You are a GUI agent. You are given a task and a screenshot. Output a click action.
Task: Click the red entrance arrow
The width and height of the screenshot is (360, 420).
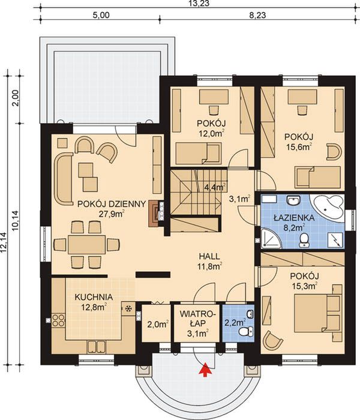pos(205,370)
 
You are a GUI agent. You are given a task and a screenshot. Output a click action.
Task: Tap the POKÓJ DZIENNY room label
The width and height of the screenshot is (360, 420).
pos(112,204)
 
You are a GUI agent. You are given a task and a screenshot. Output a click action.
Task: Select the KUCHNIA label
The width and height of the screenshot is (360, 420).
pos(94,297)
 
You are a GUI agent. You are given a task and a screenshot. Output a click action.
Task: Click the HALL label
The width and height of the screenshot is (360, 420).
pos(209,256)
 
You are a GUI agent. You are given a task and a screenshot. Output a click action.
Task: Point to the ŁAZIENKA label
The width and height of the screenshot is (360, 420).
pos(294,217)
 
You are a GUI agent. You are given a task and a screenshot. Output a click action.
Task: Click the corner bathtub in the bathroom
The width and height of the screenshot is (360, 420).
pos(328,208)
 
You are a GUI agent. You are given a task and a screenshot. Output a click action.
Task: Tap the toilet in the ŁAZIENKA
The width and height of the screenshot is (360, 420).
pos(304,240)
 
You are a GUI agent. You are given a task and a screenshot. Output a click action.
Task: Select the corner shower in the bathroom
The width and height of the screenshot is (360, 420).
pos(271,238)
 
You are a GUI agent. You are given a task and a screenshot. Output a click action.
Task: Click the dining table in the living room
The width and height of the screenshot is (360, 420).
pos(86,245)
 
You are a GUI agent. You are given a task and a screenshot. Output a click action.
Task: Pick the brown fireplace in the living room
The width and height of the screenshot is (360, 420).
pos(154,214)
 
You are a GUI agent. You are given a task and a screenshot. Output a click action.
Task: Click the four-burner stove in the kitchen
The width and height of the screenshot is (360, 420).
pos(58,320)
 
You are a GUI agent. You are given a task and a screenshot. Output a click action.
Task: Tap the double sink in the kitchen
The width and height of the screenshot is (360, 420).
pos(96,347)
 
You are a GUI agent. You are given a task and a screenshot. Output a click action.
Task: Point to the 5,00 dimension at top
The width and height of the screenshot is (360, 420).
pos(101,15)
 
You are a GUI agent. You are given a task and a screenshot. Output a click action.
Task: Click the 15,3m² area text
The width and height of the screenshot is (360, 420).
pos(304,286)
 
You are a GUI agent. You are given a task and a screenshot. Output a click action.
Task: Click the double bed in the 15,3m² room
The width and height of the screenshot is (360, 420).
pos(318,313)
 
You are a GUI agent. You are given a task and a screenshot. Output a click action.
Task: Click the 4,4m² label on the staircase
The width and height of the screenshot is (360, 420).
pos(215,187)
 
